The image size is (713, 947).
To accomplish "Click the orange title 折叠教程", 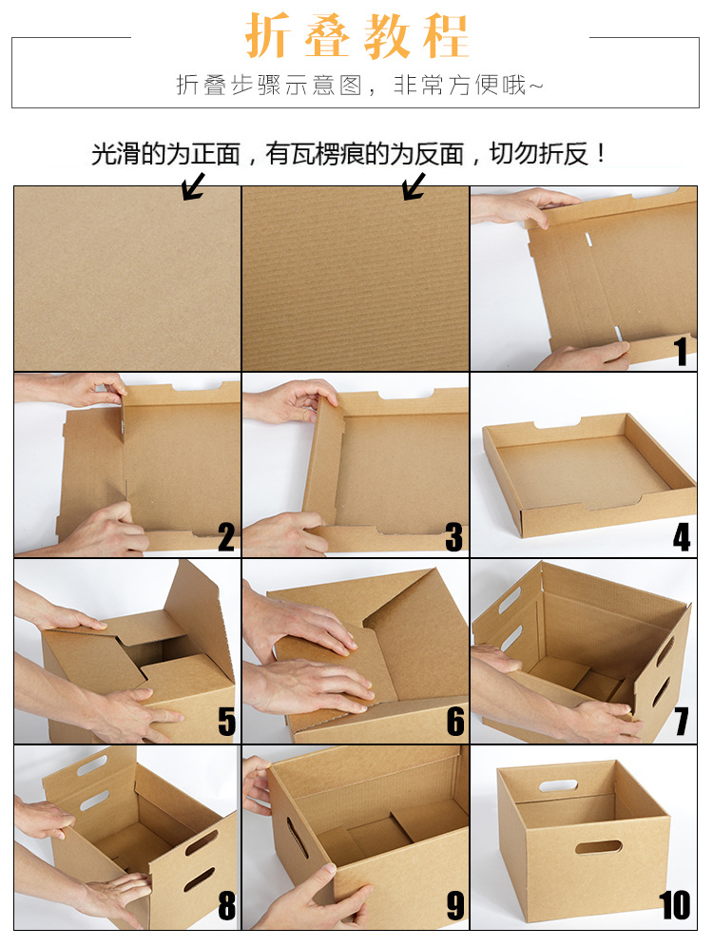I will pos(357,37).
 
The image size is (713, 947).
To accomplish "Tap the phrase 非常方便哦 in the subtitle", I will pos(461,86).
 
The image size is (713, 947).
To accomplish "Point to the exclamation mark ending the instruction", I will pos(600,154).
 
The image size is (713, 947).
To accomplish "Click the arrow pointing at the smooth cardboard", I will pos(194,185).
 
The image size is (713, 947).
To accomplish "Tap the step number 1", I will pos(681,352).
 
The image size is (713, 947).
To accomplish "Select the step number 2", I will pos(225,538).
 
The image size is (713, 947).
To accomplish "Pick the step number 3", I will pos(453,538).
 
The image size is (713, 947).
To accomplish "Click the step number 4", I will pos(681,538).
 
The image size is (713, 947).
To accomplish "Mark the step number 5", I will pos(225,723).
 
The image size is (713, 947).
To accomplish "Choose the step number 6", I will pos(454,723).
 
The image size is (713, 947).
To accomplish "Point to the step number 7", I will pos(681,723).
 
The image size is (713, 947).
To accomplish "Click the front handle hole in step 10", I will pos(598,846).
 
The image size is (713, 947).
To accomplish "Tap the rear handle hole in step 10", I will pos(558,785).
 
